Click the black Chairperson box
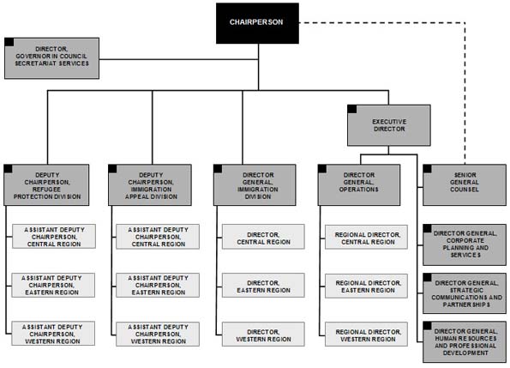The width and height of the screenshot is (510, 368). coord(256,22)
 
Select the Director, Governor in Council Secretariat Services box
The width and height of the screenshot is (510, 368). coord(51,58)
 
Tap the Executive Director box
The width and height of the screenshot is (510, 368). coord(388,124)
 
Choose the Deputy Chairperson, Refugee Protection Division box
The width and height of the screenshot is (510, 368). coord(48,184)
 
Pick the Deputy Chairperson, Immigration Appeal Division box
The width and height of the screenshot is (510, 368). coord(153,184)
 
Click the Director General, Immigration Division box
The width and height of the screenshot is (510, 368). coord(257,184)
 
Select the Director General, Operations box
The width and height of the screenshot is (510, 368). coord(361,184)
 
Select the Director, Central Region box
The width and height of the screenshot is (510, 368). coord(262,237)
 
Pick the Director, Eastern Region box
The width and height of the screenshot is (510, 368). coord(262,285)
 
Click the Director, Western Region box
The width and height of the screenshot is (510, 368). coord(262,334)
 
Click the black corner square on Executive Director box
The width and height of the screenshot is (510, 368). coord(351,109)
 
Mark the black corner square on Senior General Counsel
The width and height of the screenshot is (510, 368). coord(426,168)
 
